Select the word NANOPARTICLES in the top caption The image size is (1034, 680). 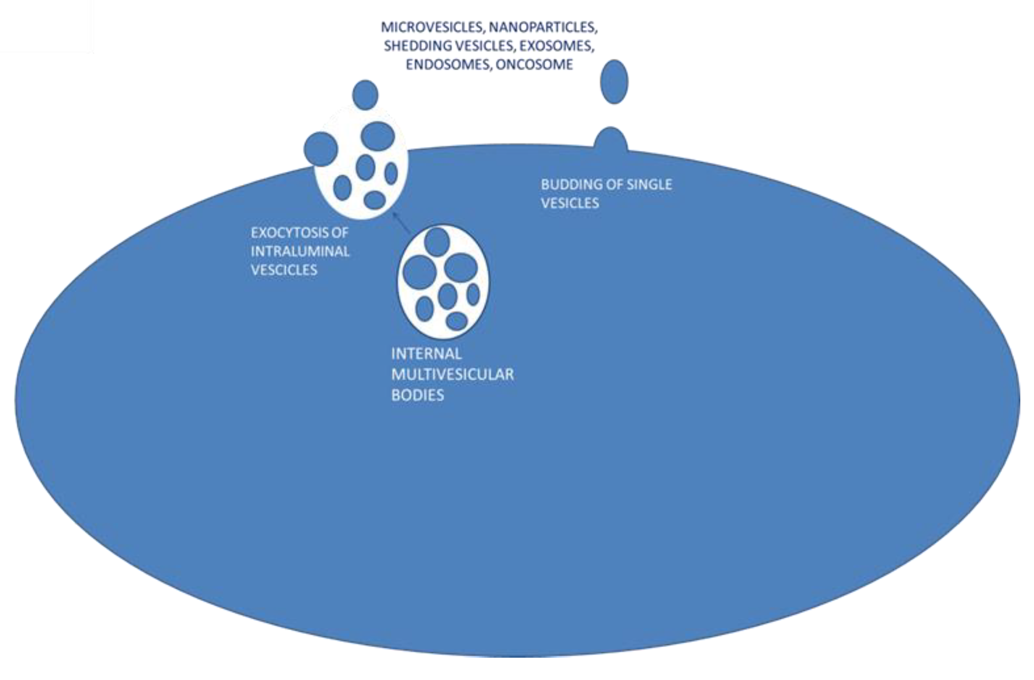(x=543, y=27)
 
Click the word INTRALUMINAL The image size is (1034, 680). (x=300, y=251)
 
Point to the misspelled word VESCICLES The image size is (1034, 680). (x=284, y=270)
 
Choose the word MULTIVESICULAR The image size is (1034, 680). (x=452, y=374)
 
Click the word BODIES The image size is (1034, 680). (x=417, y=395)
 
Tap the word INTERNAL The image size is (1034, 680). (x=426, y=354)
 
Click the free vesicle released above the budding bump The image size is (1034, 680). (x=614, y=82)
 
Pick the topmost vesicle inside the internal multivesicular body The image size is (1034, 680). (x=437, y=242)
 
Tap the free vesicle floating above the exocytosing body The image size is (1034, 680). (x=365, y=95)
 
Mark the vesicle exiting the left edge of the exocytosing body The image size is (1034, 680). (x=321, y=149)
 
